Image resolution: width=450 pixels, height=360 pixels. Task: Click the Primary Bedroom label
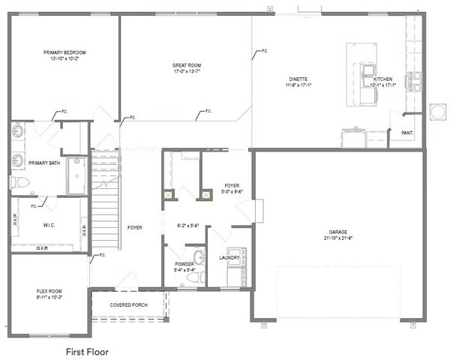64,52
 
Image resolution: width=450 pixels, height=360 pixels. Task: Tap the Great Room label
187,65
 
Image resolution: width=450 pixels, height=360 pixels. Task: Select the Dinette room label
299,79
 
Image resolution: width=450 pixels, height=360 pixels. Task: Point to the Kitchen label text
383,79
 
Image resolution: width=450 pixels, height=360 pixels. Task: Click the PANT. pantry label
407,133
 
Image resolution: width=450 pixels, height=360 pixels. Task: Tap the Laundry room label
229,258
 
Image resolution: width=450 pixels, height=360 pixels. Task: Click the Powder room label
184,264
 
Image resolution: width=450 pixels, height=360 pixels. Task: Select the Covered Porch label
127,305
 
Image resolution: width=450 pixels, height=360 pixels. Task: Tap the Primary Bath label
44,163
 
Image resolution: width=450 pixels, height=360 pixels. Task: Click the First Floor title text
87,350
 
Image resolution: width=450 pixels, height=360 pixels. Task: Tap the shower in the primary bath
76,176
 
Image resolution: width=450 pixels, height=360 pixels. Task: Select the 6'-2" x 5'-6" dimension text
185,225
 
